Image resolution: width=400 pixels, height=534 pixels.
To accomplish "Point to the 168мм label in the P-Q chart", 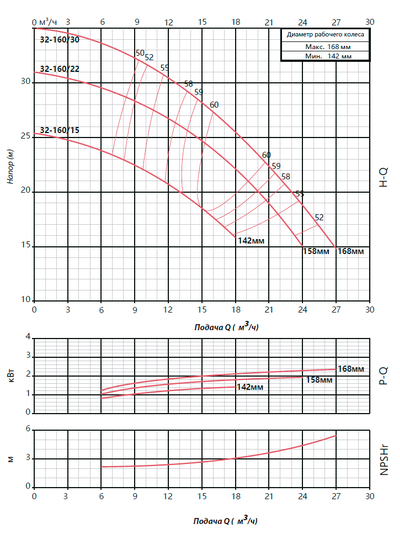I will [x=350, y=369].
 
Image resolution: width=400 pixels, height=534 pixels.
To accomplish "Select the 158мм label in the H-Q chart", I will [x=316, y=251].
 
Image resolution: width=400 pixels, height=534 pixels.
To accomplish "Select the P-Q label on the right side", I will [x=384, y=374].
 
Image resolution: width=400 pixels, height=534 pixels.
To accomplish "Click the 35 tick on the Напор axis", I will [x=26, y=27].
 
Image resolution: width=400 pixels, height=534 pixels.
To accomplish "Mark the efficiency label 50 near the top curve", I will [x=139, y=53].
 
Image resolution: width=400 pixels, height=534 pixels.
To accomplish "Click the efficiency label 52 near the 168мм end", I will [x=319, y=217].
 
